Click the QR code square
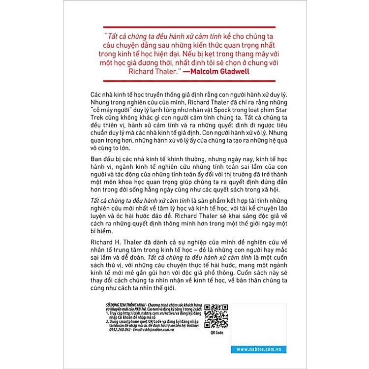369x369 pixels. (216, 316)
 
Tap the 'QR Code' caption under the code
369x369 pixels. (217, 333)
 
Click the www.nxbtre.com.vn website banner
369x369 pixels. (258, 349)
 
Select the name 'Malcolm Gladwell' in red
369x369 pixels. (220, 71)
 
